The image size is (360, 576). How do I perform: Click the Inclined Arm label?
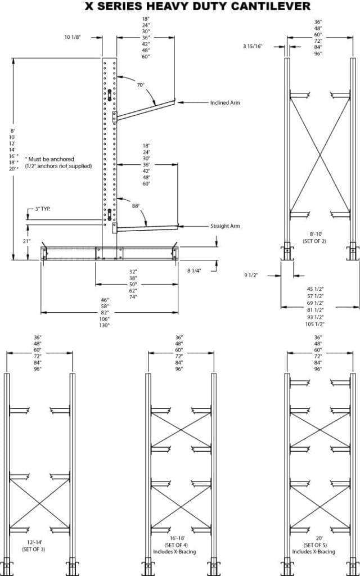pyautogui.click(x=225, y=103)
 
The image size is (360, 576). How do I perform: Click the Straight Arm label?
pyautogui.click(x=225, y=226)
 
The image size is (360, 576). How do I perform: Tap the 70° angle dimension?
pyautogui.click(x=141, y=85)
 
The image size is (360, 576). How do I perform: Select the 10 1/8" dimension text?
pyautogui.click(x=73, y=37)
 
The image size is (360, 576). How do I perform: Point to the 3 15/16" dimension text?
pyautogui.click(x=253, y=46)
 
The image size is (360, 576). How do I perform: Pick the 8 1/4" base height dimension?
pyautogui.click(x=194, y=271)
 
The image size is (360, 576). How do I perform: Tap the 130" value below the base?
pyautogui.click(x=105, y=325)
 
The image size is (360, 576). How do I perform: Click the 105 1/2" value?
pyautogui.click(x=314, y=325)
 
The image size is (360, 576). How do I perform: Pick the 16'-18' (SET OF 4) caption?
pyautogui.click(x=179, y=546)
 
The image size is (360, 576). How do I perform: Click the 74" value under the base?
pyautogui.click(x=133, y=296)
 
